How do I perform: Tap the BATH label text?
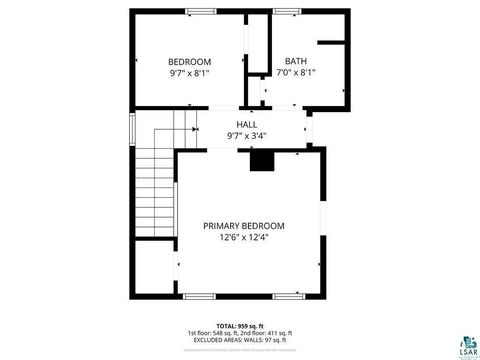tap(296, 60)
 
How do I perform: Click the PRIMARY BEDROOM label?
tap(244, 225)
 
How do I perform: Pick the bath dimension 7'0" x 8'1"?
tap(296, 73)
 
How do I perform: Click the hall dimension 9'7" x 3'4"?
tap(247, 135)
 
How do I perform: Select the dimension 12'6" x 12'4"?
tap(244, 238)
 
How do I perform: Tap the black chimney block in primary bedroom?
tap(262, 160)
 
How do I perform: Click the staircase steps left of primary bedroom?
tap(154, 190)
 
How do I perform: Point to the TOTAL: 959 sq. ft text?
tap(238, 325)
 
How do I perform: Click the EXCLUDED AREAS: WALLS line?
tap(238, 341)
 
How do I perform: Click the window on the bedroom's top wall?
tap(200, 11)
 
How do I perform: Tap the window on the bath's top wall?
tap(287, 11)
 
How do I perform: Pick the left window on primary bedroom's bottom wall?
tap(199, 296)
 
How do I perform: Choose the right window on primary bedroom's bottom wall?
tap(287, 296)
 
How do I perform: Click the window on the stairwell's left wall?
tap(132, 131)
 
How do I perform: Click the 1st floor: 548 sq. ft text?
tap(211, 333)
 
